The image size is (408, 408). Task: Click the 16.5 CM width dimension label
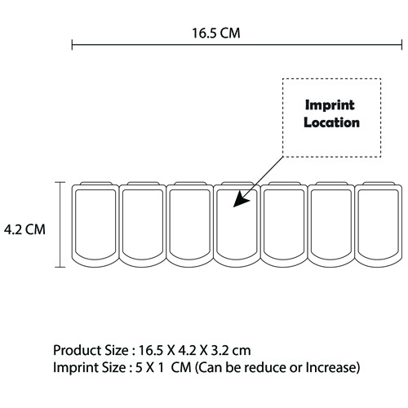click(216, 33)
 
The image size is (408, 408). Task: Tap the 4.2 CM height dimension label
click(24, 229)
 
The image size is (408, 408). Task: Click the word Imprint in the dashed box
click(330, 105)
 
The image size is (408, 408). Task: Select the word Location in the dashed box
click(331, 122)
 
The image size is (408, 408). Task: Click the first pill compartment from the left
click(95, 224)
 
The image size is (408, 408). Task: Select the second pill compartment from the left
click(143, 224)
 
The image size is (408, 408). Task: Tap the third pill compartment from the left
click(189, 224)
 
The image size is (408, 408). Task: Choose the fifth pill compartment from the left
click(284, 224)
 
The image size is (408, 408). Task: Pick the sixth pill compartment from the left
click(331, 224)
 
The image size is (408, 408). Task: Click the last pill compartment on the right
click(379, 224)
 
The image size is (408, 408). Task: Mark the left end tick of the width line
click(72, 45)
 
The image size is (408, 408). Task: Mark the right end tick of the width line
click(401, 45)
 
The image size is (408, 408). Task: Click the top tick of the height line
click(60, 182)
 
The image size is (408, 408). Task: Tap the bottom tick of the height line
click(60, 267)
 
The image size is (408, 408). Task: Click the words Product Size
click(91, 350)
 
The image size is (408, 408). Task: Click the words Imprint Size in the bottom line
click(89, 367)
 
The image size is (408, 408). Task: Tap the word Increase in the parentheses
click(330, 367)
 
